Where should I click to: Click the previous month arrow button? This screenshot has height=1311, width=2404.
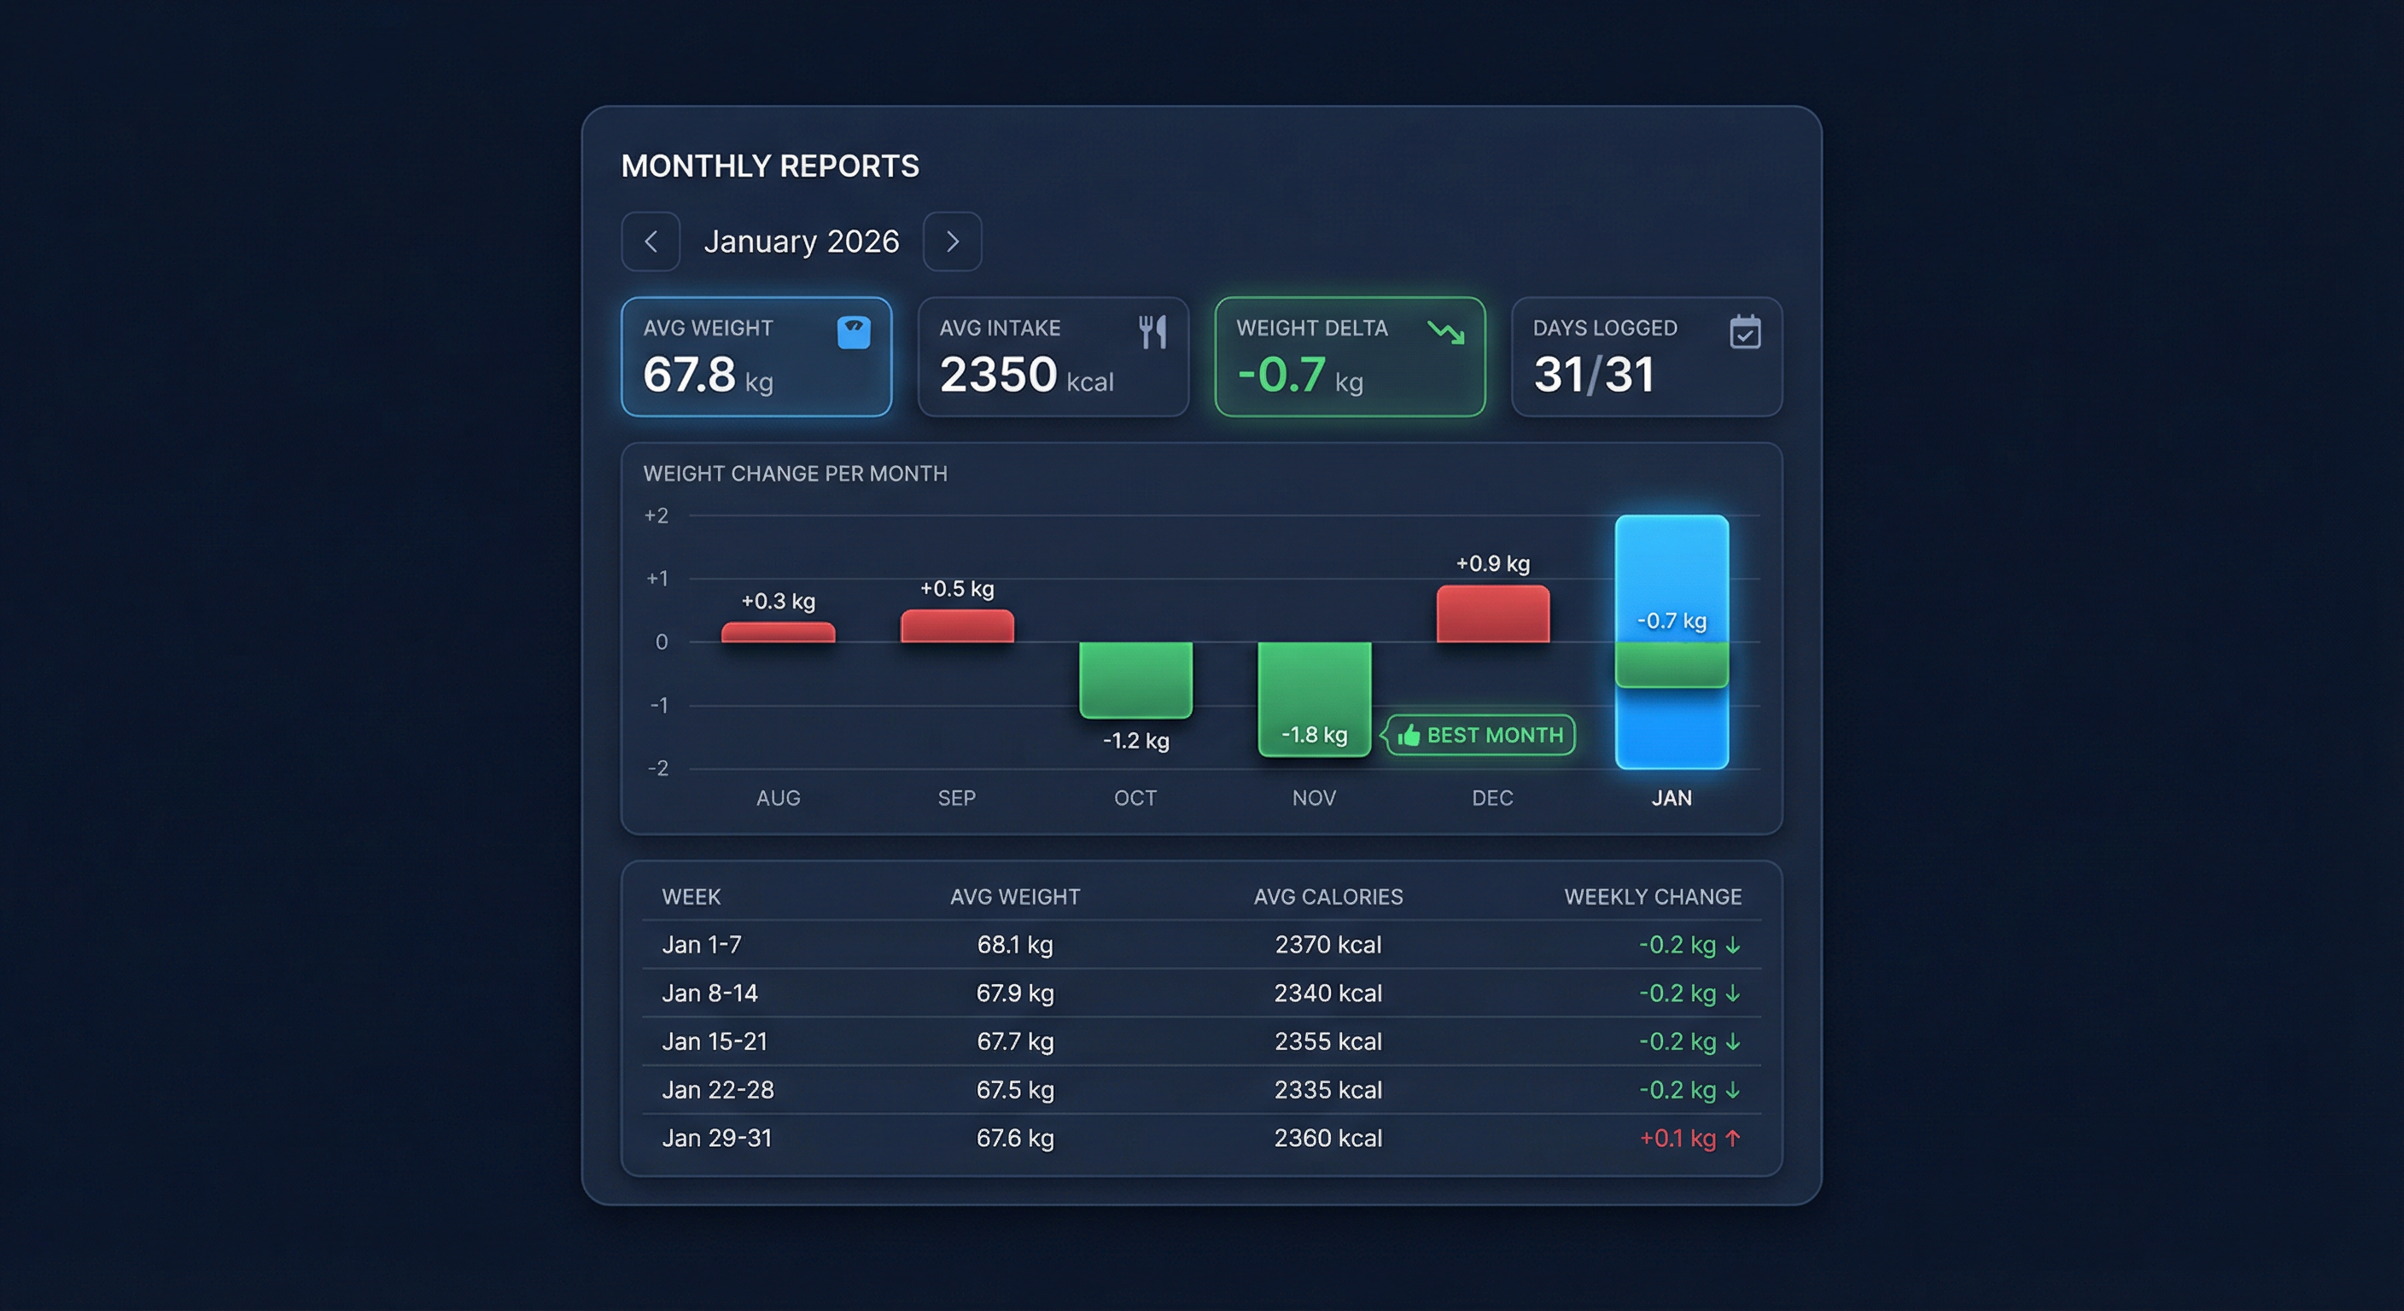pos(651,242)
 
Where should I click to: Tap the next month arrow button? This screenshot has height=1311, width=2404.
pos(952,242)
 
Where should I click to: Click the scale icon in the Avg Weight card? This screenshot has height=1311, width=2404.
pos(853,332)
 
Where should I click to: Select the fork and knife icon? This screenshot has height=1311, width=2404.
pos(1152,331)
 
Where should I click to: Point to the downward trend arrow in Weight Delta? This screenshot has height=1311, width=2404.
pos(1445,331)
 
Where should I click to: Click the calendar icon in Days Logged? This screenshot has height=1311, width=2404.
pos(1744,332)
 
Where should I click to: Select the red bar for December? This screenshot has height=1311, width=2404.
pos(1492,614)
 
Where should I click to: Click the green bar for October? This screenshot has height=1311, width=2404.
pos(1135,679)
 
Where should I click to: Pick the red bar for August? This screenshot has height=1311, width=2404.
pos(778,632)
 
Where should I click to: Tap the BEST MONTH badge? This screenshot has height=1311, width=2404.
pos(1481,735)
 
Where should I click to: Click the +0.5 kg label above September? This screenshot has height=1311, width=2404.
pos(956,589)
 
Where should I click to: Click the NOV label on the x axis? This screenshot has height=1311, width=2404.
pos(1314,798)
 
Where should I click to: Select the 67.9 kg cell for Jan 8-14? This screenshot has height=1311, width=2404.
pos(1014,993)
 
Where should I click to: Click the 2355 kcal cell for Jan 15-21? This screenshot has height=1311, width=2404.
pos(1328,1041)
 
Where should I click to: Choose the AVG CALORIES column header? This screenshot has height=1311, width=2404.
pos(1328,897)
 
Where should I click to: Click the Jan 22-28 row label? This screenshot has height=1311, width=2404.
pos(718,1090)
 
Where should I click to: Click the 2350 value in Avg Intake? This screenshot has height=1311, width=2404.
pos(998,374)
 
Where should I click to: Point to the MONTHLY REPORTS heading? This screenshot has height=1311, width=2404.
pos(770,166)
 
